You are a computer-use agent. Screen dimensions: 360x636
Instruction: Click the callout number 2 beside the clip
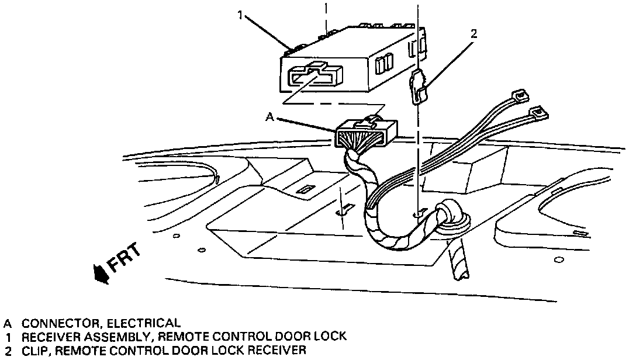point(473,34)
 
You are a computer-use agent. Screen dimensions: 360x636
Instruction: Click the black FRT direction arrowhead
point(103,272)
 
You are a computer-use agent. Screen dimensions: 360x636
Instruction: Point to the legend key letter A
point(8,323)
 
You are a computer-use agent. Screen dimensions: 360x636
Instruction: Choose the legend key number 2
point(8,351)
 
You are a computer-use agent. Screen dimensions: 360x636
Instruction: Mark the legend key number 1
point(8,337)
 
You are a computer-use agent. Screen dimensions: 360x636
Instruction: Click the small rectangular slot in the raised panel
point(303,190)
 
